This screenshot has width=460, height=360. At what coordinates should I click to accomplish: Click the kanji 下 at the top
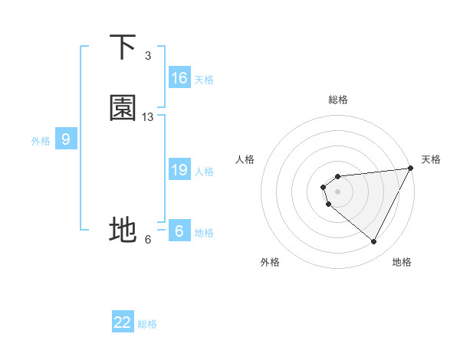tap(123, 47)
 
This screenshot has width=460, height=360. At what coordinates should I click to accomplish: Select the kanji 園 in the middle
tap(123, 109)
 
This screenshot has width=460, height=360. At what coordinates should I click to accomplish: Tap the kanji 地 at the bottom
tap(123, 230)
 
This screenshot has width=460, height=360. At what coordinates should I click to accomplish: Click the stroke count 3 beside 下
tap(148, 56)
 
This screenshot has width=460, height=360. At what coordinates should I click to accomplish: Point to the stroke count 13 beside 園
tap(148, 117)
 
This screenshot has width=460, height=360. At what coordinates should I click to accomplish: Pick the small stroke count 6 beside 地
tap(148, 239)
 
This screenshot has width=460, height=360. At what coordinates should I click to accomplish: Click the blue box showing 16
tap(179, 78)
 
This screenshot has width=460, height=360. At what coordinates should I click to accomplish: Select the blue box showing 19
tap(179, 170)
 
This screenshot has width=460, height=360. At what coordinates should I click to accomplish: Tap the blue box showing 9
tap(66, 139)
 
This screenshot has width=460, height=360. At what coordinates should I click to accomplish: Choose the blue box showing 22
tap(123, 322)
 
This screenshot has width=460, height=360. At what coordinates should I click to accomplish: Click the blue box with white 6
tap(179, 231)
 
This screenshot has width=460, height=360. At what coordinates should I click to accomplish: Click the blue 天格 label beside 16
tap(204, 80)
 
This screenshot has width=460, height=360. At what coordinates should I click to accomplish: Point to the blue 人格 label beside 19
tap(204, 172)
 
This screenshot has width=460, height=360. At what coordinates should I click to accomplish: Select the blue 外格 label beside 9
tap(41, 141)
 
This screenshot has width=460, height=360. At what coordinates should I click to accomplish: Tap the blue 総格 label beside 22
tap(147, 324)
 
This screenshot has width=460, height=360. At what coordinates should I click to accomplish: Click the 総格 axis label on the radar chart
tap(338, 100)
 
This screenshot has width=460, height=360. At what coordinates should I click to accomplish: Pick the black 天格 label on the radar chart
tap(431, 159)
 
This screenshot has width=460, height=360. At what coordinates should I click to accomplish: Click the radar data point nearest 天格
tap(410, 169)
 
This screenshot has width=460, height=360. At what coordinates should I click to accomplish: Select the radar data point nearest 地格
tap(374, 242)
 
